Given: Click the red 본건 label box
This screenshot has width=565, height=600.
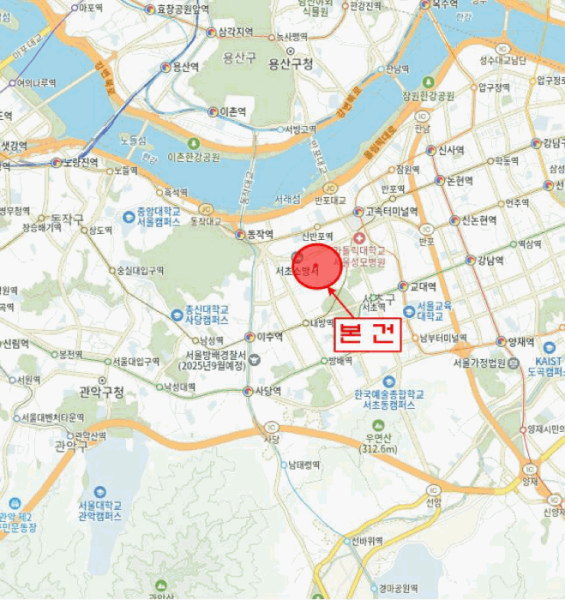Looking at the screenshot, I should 367,333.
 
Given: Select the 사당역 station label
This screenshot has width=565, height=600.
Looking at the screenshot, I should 268,391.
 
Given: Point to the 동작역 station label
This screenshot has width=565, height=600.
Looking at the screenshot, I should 259,234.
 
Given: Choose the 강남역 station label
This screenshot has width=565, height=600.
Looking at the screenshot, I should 495,260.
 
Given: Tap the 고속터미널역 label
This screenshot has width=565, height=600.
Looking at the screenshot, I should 391,212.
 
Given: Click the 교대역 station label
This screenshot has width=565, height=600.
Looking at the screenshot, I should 423,287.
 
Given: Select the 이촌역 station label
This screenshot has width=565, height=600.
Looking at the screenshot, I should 232,112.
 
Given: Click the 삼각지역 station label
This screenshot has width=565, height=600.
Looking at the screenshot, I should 235,32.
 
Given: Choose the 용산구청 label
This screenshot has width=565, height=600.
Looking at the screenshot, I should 291,63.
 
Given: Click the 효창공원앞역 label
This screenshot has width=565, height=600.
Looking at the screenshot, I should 183,9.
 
